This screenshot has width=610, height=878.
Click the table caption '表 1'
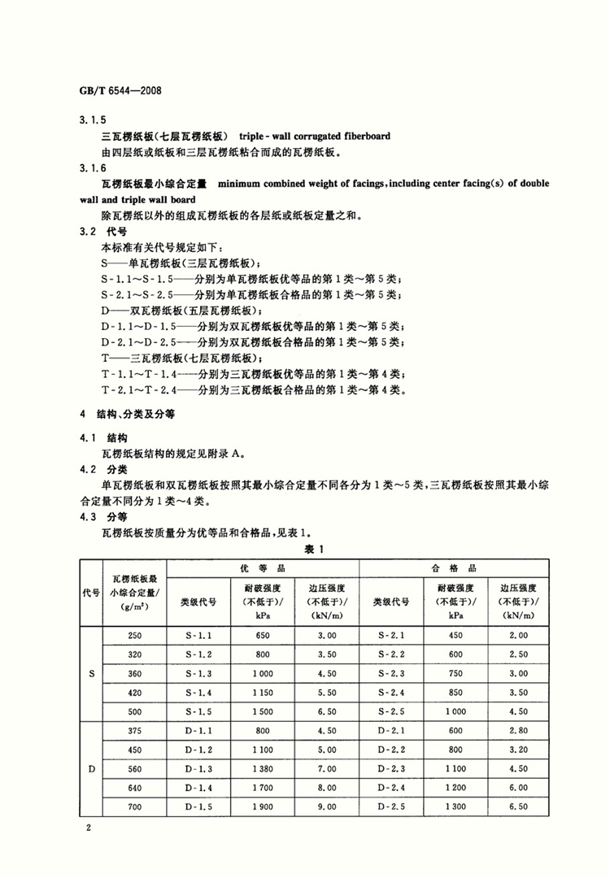tap(315, 550)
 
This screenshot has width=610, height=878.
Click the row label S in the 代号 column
tap(90, 674)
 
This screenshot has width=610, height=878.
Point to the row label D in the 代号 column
tap(90, 768)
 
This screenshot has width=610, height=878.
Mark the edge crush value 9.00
tap(326, 807)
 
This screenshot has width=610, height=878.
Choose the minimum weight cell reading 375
tap(134, 731)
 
